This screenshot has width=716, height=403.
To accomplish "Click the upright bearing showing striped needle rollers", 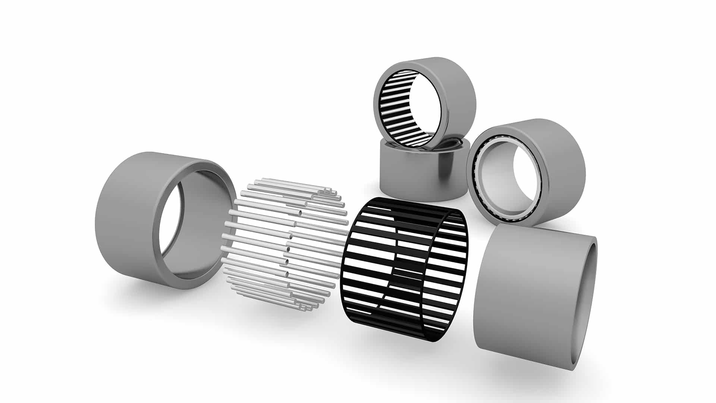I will coord(425,101).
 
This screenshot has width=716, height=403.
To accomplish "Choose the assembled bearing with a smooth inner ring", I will coord(526,172).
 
